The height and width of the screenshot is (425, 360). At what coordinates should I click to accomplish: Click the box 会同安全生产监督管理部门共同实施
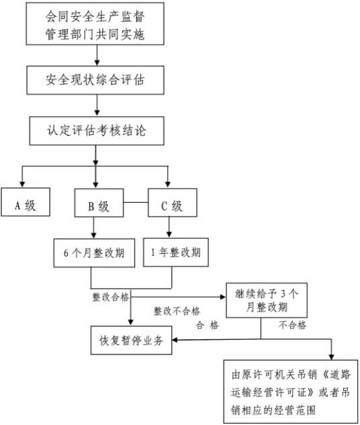[96, 23]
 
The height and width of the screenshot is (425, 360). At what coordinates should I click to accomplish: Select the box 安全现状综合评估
[96, 82]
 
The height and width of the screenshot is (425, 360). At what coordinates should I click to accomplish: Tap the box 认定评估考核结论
[96, 130]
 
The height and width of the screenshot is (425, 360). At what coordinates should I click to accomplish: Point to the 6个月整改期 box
[91, 254]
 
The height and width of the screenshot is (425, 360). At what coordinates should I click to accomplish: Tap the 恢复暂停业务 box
[132, 340]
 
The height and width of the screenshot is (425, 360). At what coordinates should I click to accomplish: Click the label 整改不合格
[177, 312]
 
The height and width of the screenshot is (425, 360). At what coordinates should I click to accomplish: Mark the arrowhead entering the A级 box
[23, 185]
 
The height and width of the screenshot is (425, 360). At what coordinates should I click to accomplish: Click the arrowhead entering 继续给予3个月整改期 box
[222, 296]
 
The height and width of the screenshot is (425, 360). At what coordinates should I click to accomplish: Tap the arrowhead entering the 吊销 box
[331, 356]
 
